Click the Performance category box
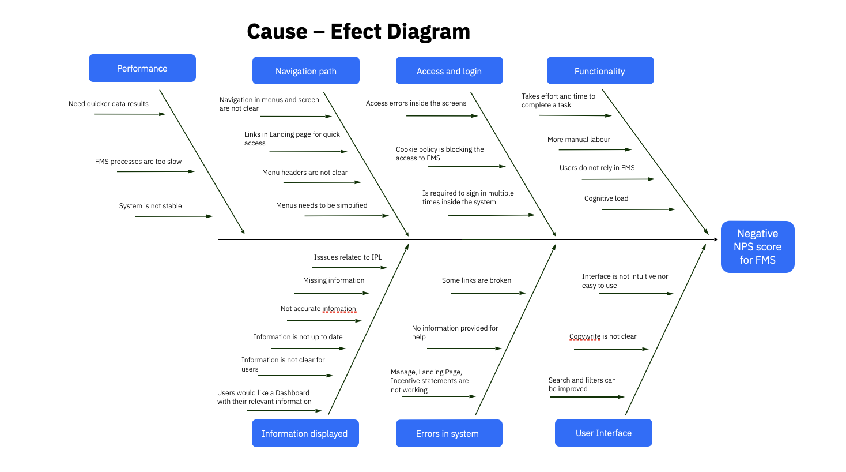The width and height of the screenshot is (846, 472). [x=142, y=68]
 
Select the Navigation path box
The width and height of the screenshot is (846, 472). [x=305, y=71]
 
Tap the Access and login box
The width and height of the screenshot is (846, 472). [x=449, y=71]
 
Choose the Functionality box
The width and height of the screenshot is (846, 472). [x=600, y=71]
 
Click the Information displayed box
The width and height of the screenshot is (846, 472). [x=305, y=433]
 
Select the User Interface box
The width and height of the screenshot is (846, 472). [x=603, y=433]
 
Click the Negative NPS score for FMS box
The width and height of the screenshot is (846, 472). [x=757, y=246]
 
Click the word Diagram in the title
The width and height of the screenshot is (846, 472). [x=428, y=31]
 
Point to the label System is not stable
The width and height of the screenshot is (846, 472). [x=150, y=206]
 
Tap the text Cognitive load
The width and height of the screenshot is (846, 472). [x=606, y=198]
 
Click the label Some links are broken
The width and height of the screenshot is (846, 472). [x=476, y=280]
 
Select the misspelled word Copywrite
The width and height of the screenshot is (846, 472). [x=585, y=336]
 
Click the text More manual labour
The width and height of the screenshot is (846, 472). [x=579, y=140]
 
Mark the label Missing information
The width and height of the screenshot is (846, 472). [x=334, y=280]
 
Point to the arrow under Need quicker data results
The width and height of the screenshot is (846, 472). [x=129, y=114]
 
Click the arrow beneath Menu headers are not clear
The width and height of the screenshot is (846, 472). [x=322, y=182]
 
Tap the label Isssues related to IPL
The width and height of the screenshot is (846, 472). [x=348, y=257]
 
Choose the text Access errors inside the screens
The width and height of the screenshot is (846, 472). [x=416, y=103]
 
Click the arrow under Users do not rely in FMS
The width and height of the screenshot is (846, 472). [x=618, y=179]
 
